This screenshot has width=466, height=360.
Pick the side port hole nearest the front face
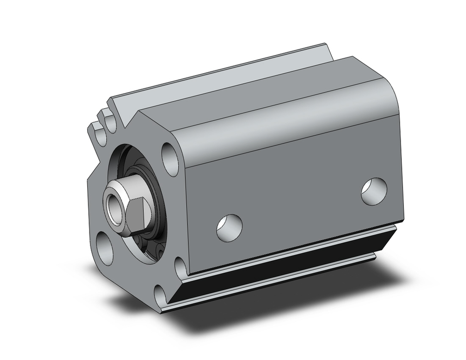[x=229, y=226]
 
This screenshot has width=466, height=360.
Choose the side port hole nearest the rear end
[x=374, y=190]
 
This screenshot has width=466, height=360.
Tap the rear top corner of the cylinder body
[x=353, y=58]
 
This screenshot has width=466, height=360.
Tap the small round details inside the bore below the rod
[x=154, y=245]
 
